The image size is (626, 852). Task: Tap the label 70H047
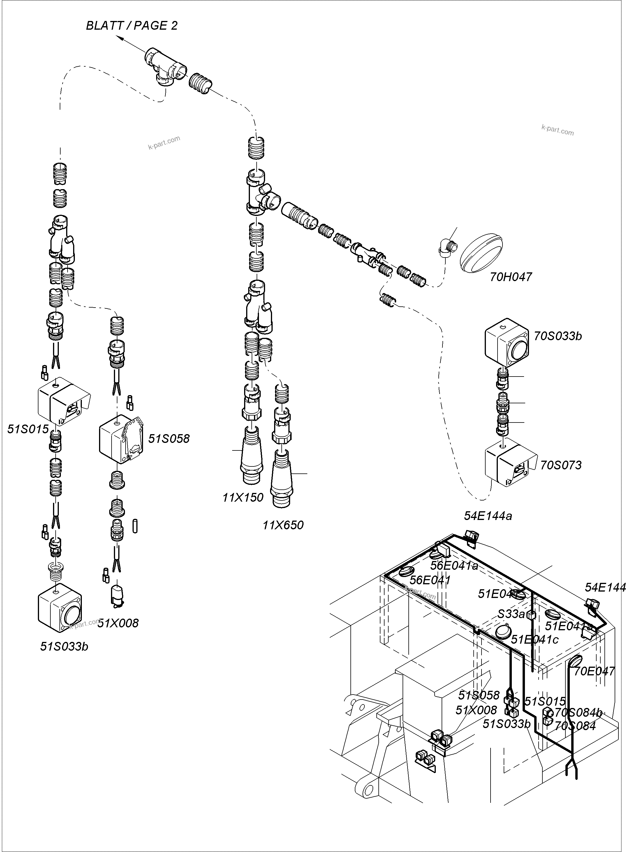[511, 277]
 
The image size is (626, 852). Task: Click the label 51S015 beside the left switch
[28, 429]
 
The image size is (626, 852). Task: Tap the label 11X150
[243, 497]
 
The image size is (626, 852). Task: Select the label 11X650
[283, 525]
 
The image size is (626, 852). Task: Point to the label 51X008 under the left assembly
[118, 623]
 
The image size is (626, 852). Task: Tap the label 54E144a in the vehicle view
[488, 516]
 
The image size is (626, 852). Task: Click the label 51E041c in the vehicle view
[534, 639]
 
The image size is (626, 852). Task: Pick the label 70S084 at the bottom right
[575, 726]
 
